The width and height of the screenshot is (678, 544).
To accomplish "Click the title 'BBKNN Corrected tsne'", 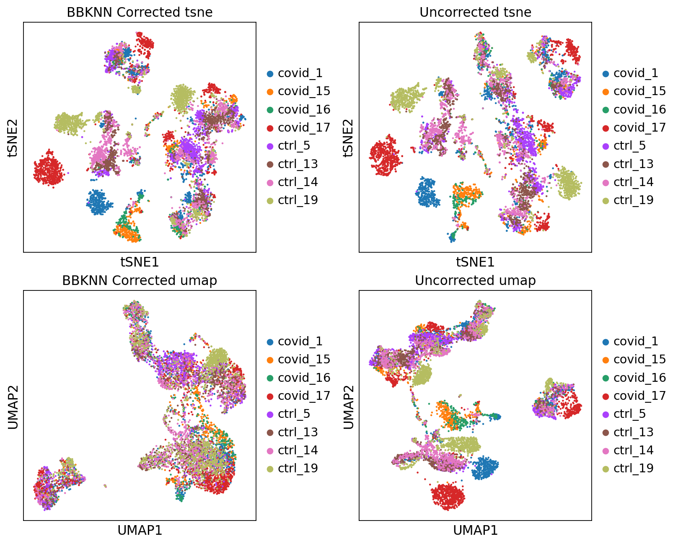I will point(140,12).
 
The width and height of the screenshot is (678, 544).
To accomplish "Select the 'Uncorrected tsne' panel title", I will point(475,12).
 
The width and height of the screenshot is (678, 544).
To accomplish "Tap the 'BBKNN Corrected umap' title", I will point(140,280).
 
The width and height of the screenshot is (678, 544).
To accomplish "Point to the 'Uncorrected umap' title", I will point(475,280).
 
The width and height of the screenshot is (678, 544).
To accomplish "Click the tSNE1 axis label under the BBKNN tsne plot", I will point(140,262).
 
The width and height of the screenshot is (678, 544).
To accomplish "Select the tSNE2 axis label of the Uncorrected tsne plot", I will point(348,137).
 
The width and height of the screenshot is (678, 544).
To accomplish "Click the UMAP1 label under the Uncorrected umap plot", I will point(475,531).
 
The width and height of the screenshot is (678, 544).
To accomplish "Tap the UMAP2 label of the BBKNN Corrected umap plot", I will point(13,406).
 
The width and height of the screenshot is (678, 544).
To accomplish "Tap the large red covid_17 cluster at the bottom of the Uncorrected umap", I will point(448,496).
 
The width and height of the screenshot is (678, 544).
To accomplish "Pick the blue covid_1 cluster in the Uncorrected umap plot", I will point(485,468).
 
